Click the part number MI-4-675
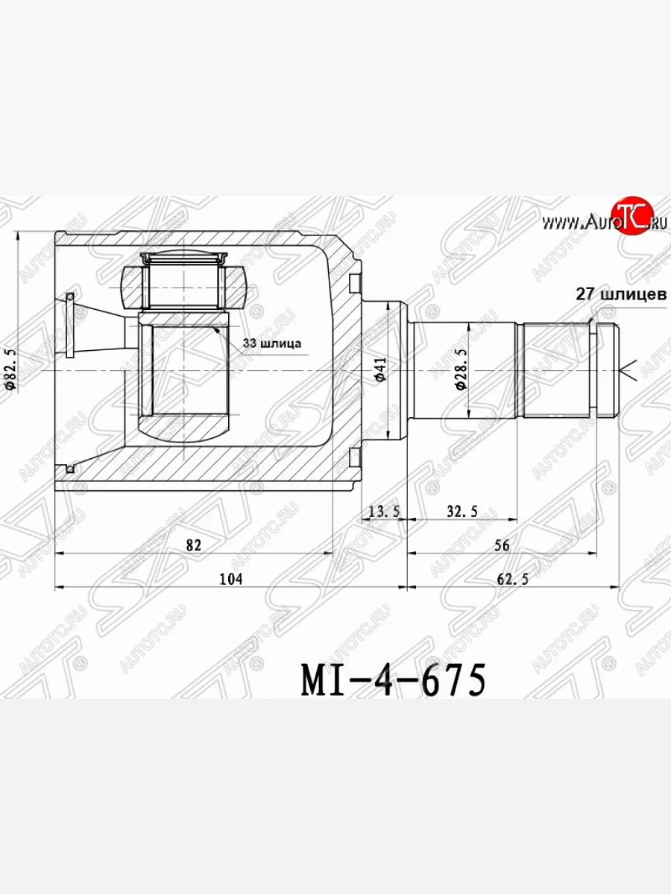tap(394, 679)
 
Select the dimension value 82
tap(194, 545)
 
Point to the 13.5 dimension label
tap(384, 510)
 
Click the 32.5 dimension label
tap(462, 510)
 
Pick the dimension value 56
tap(502, 545)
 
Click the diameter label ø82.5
tap(10, 368)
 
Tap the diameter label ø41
tap(380, 370)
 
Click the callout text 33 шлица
tap(271, 343)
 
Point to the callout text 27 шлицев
tap(621, 294)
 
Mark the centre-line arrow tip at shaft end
tap(623, 369)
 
